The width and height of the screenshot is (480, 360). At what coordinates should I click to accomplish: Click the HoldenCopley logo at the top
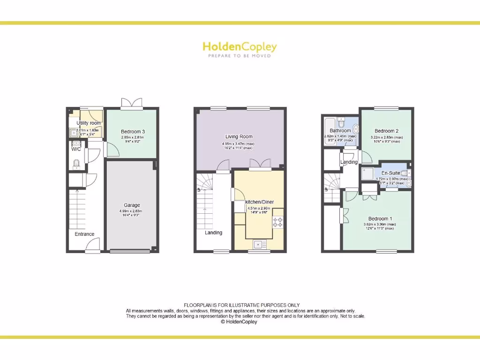coord(240,47)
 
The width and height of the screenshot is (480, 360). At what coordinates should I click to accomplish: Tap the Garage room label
coord(132,205)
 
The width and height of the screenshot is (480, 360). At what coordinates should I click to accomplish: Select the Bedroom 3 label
coord(133,132)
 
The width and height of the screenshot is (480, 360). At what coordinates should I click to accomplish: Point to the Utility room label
coord(89,123)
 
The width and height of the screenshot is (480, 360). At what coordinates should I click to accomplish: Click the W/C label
coord(76,149)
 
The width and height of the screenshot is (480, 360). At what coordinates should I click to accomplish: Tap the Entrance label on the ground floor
coord(84,234)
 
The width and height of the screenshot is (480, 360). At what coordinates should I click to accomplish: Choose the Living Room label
coord(239,137)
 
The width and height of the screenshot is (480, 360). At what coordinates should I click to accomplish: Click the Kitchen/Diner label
coord(259,202)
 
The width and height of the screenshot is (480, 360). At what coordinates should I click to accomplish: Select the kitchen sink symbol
coord(259,244)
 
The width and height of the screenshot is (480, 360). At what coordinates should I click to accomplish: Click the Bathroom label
coord(340,131)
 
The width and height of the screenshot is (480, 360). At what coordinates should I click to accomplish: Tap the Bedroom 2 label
coord(387,131)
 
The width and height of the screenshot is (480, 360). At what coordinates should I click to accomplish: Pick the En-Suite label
coord(390,173)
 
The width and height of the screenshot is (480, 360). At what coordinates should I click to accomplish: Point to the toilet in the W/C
coord(76,164)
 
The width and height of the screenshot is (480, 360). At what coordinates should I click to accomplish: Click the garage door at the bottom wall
coord(130,252)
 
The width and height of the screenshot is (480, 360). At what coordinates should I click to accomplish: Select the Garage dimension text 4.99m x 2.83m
coord(131,211)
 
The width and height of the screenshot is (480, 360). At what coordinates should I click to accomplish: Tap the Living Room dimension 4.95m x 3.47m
coord(238,143)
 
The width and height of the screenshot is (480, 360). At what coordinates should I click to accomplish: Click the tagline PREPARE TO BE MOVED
coord(240,56)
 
